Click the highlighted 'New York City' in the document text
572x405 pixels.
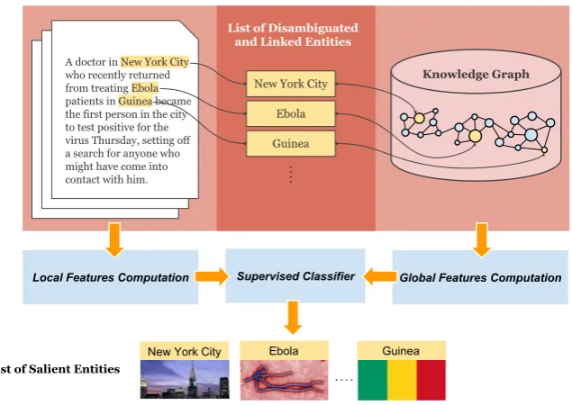[155, 62]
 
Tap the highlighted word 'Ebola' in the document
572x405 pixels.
[145, 88]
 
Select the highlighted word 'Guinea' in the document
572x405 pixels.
[135, 101]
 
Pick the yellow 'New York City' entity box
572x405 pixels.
[291, 84]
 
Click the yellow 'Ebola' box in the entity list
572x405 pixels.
[291, 113]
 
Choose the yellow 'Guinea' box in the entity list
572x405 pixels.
[291, 144]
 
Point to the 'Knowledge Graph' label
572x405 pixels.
[476, 75]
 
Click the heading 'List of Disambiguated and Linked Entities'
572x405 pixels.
[293, 34]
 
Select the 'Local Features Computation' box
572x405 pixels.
[111, 277]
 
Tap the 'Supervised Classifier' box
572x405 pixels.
[295, 276]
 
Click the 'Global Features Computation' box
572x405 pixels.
[480, 277]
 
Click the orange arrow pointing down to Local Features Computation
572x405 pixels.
[114, 240]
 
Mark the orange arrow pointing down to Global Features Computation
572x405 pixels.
[482, 240]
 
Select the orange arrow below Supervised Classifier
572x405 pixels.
[293, 317]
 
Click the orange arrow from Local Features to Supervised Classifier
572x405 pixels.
[212, 276]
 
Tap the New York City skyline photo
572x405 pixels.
[185, 380]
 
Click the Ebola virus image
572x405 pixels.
[284, 380]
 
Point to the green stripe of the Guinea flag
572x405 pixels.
[372, 380]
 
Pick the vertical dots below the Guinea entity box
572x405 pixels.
[291, 175]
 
